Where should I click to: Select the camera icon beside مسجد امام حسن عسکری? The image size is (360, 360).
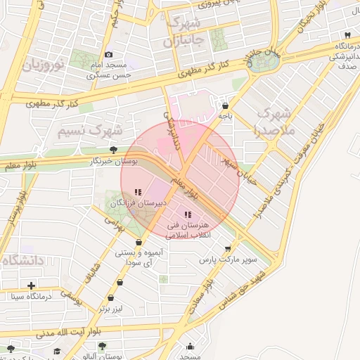pos(108,55)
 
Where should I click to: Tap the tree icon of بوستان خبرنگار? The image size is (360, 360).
pos(113,149)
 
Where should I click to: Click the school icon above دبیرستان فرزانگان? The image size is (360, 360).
pos(138,192)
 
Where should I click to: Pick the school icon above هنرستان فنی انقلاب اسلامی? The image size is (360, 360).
pos(187,214)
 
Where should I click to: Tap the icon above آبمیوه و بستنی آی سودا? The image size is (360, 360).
pos(139,243)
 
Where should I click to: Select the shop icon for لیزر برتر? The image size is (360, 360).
pos(120,283)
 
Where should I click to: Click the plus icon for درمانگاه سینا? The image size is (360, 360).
pos(31,285)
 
